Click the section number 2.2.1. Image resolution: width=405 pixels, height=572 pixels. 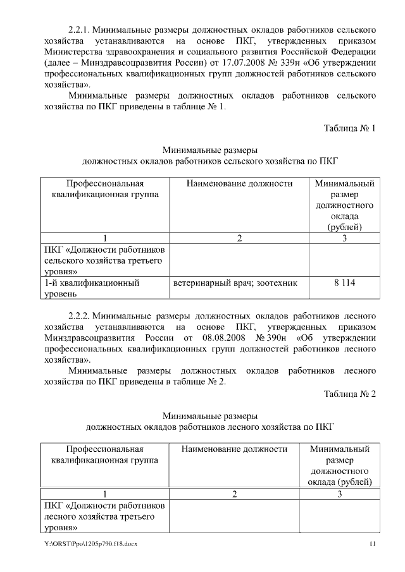tap(82, 30)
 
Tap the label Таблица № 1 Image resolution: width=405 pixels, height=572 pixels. tap(350, 128)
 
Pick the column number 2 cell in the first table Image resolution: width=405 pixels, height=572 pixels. tap(239, 238)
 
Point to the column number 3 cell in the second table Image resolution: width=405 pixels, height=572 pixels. tap(339, 494)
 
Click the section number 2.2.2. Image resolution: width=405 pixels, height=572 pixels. tap(82, 314)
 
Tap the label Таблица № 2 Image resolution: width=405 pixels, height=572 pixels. tap(350, 394)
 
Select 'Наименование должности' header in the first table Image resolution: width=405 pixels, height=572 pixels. tap(239, 184)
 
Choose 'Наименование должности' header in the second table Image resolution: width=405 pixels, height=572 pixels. tap(234, 449)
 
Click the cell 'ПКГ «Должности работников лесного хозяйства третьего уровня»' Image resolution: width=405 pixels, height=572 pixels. tap(104, 516)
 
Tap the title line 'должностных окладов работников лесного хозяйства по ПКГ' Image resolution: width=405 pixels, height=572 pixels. tap(209, 427)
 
